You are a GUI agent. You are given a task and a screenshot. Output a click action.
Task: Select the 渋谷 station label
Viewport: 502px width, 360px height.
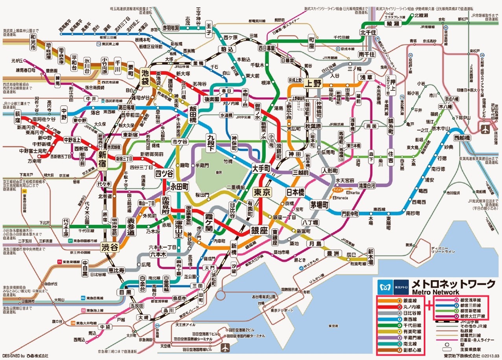[x=110, y=247]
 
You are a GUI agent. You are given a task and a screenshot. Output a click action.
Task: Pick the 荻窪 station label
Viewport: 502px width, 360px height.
[x=17, y=116]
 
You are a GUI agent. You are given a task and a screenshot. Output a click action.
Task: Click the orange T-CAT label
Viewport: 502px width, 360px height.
[x=338, y=190]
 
